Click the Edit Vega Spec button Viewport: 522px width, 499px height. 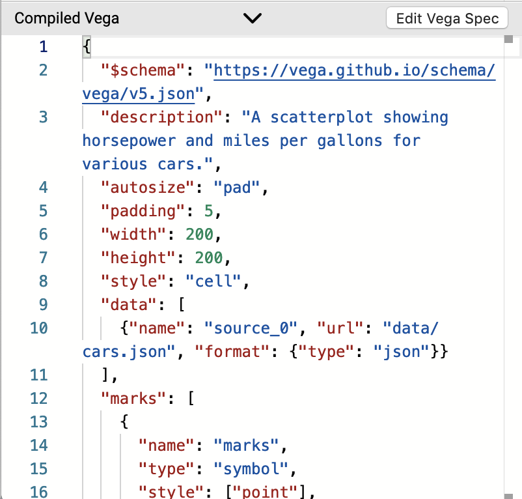pyautogui.click(x=446, y=18)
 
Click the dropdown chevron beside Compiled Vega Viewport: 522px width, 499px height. pyautogui.click(x=252, y=18)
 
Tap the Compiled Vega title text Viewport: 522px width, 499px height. pyautogui.click(x=66, y=18)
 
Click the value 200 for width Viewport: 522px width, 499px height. pyautogui.click(x=199, y=235)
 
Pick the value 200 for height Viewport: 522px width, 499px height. pyautogui.click(x=208, y=258)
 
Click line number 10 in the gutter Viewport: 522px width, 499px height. pyautogui.click(x=39, y=328)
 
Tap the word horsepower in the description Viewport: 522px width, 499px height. pyautogui.click(x=129, y=141)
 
